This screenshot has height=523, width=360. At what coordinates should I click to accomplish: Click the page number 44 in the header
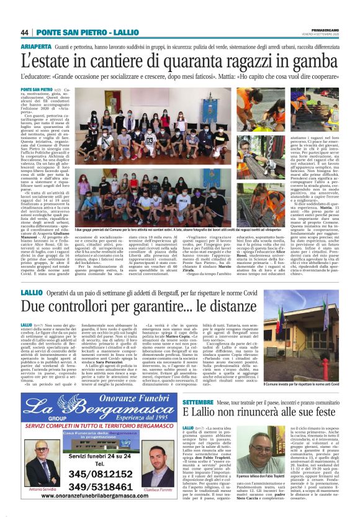coord(25,32)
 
